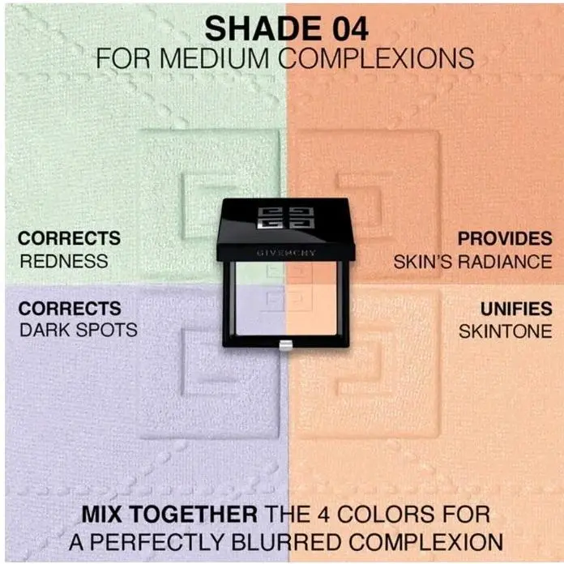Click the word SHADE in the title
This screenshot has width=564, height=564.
pyautogui.click(x=263, y=29)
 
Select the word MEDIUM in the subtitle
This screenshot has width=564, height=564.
pyautogui.click(x=214, y=58)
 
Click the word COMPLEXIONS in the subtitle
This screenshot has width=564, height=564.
pyautogui.click(x=376, y=58)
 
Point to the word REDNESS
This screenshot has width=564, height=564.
pyautogui.click(x=64, y=261)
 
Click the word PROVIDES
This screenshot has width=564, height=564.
pyautogui.click(x=505, y=238)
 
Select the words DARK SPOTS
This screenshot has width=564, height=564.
pyautogui.click(x=79, y=330)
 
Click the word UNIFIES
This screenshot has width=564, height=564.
pyautogui.click(x=516, y=309)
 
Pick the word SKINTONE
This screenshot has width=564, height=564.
pyautogui.click(x=506, y=331)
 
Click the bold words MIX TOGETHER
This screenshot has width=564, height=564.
pyautogui.click(x=169, y=514)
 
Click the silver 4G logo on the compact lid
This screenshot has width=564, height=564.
pyautogui.click(x=286, y=217)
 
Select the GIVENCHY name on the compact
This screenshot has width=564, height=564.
pyautogui.click(x=286, y=253)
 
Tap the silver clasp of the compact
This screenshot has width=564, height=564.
pyautogui.click(x=285, y=345)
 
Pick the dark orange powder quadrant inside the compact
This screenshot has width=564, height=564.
pyautogui.click(x=311, y=272)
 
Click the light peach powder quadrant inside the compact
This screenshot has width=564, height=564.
pyautogui.click(x=311, y=310)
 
